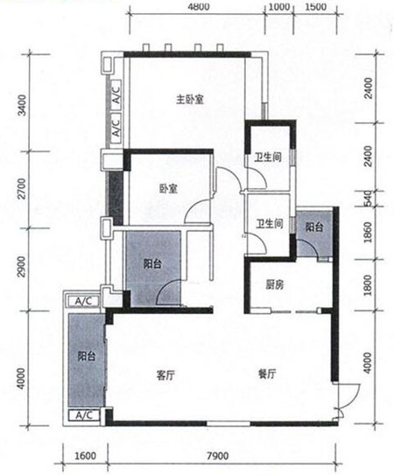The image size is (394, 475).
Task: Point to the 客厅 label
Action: [x=167, y=374]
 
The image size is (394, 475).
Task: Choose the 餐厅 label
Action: [x=266, y=374]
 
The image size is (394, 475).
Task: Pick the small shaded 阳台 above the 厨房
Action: [x=315, y=227]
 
